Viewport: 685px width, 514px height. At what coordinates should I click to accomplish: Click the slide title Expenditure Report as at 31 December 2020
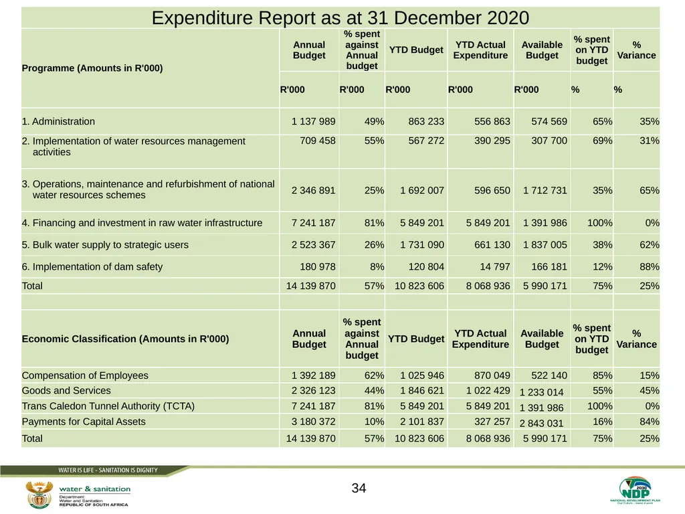[x=340, y=18]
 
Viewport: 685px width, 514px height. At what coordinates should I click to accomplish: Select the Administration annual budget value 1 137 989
[x=314, y=122]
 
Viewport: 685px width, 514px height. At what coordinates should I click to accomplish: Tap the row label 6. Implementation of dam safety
[x=92, y=266]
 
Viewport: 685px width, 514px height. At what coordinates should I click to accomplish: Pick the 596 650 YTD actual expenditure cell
[x=492, y=191]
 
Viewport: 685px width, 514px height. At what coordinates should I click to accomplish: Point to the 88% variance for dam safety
[x=649, y=266]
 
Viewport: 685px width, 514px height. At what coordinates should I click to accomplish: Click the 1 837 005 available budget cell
[x=545, y=245]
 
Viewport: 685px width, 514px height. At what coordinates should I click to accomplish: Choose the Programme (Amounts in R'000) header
[x=92, y=68]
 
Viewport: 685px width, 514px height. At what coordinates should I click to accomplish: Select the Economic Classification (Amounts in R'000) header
[x=125, y=339]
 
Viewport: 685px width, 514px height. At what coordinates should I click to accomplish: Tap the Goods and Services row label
[x=66, y=391]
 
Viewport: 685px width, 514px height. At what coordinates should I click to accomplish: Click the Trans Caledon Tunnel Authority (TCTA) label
[x=108, y=406]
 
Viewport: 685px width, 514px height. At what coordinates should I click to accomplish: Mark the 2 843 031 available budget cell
[x=542, y=424]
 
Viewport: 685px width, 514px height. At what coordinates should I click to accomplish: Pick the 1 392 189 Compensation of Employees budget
[x=314, y=375]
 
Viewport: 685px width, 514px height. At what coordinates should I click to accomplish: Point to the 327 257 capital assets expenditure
[x=492, y=422]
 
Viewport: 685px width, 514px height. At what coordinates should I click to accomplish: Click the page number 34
[x=359, y=488]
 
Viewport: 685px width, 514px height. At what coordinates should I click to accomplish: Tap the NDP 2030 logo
[x=635, y=490]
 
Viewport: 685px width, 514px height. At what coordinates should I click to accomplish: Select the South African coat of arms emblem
[x=39, y=495]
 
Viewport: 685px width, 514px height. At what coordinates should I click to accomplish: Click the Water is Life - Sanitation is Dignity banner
[x=108, y=470]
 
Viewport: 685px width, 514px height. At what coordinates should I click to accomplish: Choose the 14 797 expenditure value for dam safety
[x=495, y=266]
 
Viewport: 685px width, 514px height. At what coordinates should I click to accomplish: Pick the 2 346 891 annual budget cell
[x=314, y=191]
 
